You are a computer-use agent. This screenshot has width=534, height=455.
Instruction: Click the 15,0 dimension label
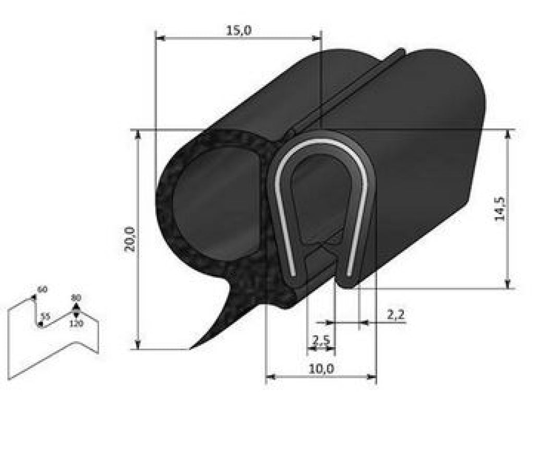coord(239,31)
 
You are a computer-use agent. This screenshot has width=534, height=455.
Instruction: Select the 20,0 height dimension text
coord(130,239)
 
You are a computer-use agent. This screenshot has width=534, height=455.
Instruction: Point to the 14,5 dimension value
coord(499,208)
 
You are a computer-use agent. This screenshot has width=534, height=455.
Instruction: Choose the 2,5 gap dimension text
coord(321,340)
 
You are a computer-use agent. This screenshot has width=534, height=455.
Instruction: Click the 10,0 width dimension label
coord(321,368)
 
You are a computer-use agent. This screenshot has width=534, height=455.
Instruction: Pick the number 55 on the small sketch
coord(45,316)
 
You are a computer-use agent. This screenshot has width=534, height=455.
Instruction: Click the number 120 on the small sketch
coord(76,324)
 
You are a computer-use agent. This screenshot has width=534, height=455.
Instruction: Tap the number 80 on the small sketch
coord(76,298)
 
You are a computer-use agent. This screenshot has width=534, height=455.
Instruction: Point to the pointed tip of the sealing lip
coord(192,347)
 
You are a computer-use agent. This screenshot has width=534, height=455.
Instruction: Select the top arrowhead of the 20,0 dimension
coord(138,134)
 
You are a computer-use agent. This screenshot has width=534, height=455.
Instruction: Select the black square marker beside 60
coord(34,297)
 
